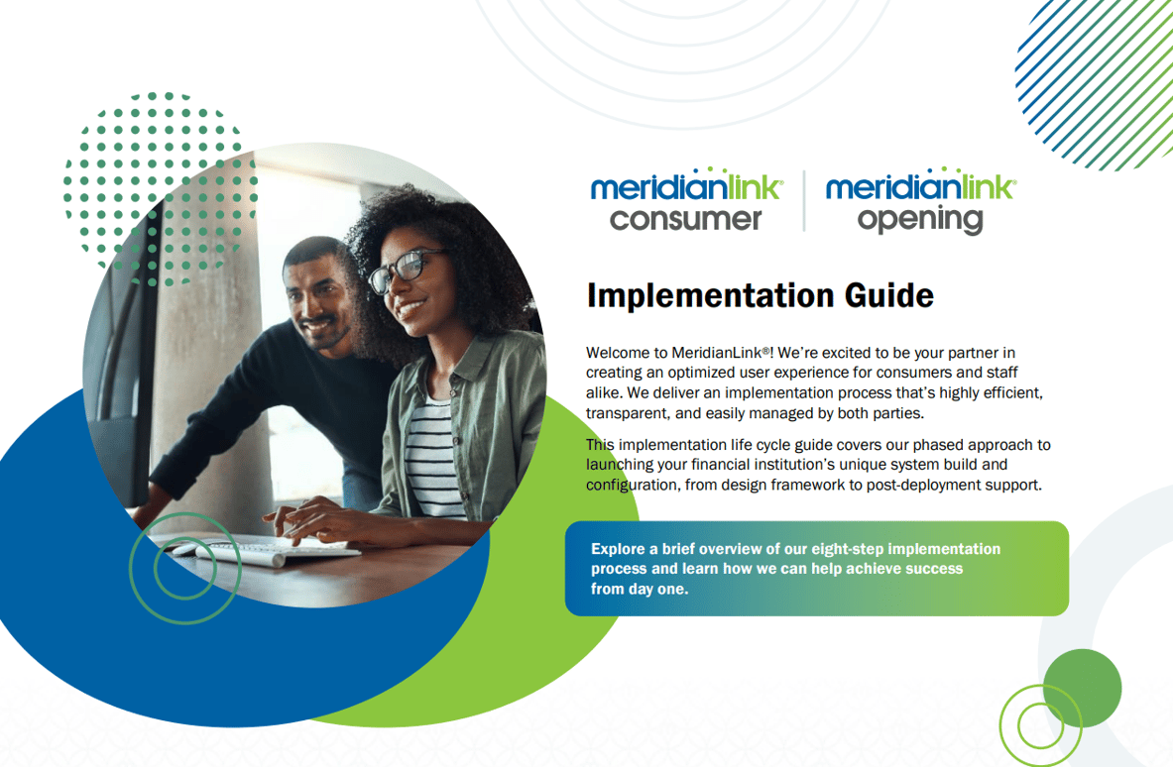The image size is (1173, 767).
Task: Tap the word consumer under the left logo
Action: click(x=685, y=218)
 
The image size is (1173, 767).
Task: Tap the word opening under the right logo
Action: click(x=920, y=219)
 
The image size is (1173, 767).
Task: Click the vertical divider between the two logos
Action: click(x=804, y=201)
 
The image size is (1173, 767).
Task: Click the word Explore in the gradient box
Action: click(x=619, y=549)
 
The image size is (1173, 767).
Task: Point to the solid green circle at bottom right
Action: click(x=1082, y=687)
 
